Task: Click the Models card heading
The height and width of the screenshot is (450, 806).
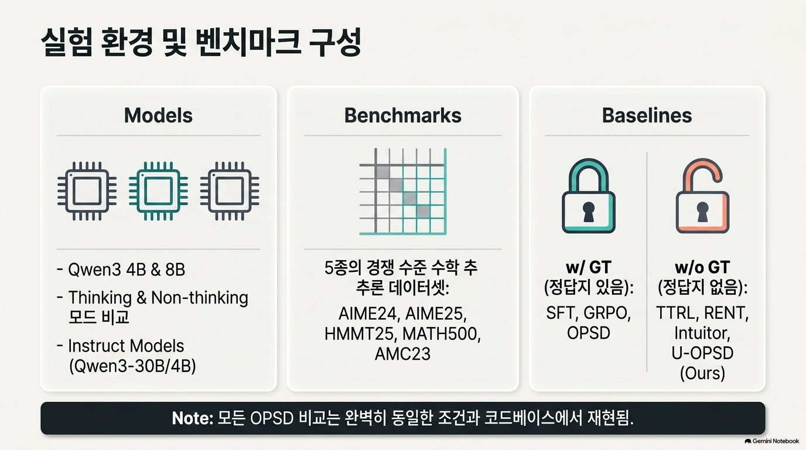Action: coord(158,115)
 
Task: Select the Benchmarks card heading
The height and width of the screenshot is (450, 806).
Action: coord(402,115)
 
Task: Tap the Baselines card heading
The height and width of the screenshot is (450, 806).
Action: coord(647,115)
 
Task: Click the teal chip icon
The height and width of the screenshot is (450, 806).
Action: coord(158,191)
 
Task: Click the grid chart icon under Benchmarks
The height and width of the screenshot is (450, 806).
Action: coord(403,191)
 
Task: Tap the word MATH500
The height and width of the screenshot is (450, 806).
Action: coord(442,334)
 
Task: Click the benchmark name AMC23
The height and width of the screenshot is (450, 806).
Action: coord(402,354)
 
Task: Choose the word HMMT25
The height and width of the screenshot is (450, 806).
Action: coord(361,334)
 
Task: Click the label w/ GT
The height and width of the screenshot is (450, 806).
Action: coord(589,267)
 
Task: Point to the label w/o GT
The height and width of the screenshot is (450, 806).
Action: coord(702,267)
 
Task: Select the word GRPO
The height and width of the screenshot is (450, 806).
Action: coord(607,313)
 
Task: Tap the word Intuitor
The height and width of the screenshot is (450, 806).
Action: coord(702,333)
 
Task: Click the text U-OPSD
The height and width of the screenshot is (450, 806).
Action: coord(702,353)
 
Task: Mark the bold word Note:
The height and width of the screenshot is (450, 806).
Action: coord(193,418)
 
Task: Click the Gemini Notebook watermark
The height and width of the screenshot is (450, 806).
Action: coord(772,441)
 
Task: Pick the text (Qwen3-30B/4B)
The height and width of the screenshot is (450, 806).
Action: coord(132,366)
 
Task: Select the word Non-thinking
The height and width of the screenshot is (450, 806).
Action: coord(200,298)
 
